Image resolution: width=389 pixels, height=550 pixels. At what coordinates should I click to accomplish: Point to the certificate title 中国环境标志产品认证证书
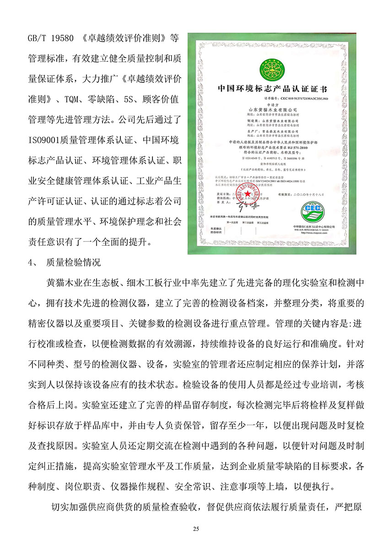tap(266, 88)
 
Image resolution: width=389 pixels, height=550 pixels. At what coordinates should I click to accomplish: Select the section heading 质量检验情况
tap(73, 262)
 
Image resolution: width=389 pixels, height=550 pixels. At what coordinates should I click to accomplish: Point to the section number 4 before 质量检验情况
tap(31, 262)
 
